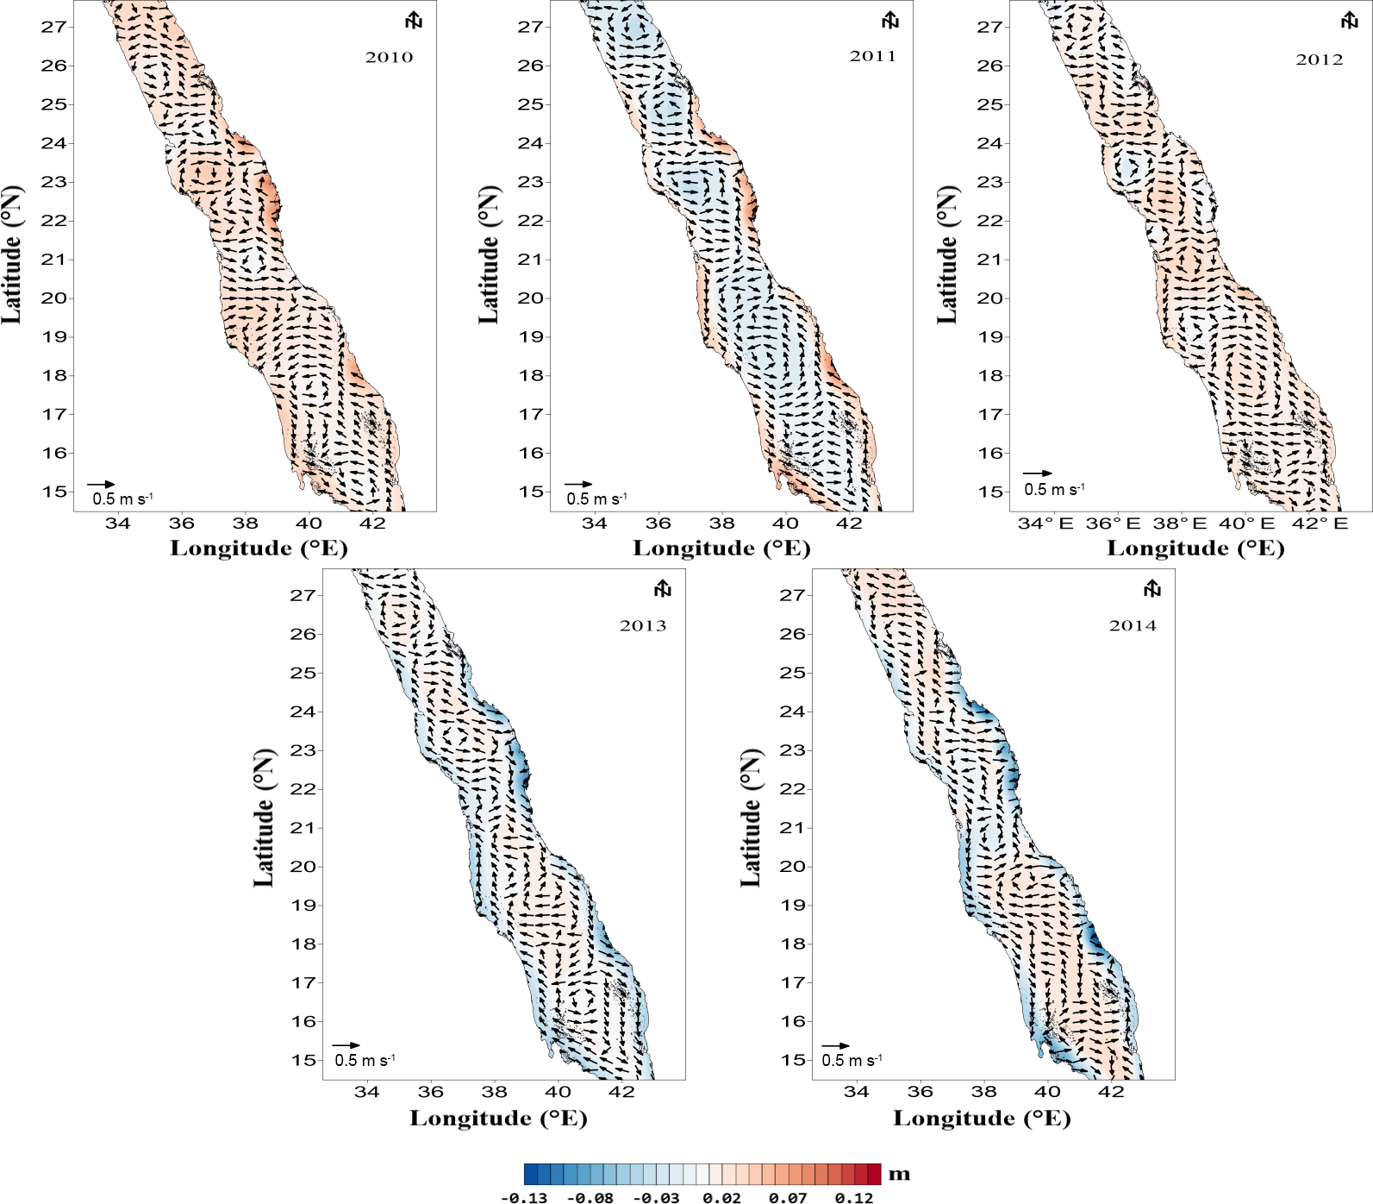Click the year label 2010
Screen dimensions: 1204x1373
tap(389, 58)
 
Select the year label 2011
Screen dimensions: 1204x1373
tap(872, 57)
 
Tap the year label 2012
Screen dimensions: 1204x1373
tap(1319, 60)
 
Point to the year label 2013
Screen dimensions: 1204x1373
tap(642, 626)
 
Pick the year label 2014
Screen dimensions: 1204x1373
tap(1132, 626)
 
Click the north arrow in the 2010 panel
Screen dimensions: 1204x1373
tap(415, 21)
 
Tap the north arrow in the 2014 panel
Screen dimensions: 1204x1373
tap(1152, 589)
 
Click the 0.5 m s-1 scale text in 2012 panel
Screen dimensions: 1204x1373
tap(1054, 490)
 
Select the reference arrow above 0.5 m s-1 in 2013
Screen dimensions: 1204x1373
tap(346, 1045)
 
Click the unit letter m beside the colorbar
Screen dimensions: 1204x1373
tap(899, 1175)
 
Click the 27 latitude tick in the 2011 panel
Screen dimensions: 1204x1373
tap(529, 27)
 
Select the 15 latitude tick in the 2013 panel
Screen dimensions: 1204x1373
tap(303, 1061)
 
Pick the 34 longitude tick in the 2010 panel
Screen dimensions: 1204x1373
tap(117, 523)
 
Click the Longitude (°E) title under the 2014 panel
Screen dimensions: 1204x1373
tap(982, 1119)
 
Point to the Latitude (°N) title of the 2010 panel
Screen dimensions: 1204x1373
tap(11, 255)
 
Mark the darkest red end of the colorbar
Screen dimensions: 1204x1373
tap(875, 1175)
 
